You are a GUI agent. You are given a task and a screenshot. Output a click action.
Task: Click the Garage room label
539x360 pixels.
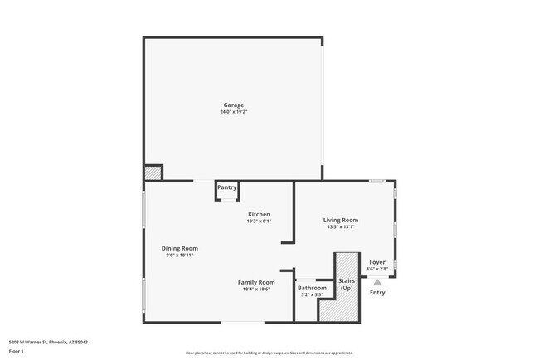(233, 105)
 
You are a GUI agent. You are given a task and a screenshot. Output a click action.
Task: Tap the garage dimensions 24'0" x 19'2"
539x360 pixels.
(233, 112)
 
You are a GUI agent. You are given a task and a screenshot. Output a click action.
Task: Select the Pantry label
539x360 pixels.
(227, 187)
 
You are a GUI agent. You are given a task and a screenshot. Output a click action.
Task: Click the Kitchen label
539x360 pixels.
(259, 214)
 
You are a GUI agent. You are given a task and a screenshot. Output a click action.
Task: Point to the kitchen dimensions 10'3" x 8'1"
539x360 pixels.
(259, 221)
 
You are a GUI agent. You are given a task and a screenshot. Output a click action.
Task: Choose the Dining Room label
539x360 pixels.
(179, 248)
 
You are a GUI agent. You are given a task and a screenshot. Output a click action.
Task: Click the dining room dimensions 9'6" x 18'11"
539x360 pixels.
(179, 255)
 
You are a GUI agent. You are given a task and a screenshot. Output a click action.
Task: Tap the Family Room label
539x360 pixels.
(256, 282)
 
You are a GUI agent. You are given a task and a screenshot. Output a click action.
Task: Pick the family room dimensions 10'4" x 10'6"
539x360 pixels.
(256, 289)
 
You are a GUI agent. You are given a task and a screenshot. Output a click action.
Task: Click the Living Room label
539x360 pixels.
(340, 220)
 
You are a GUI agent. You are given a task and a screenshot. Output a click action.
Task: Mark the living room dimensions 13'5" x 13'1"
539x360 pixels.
(340, 227)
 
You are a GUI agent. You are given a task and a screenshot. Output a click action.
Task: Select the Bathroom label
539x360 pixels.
(312, 288)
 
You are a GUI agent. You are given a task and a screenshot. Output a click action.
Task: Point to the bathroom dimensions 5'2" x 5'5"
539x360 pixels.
(312, 295)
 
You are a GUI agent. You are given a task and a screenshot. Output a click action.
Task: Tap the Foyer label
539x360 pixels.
(377, 262)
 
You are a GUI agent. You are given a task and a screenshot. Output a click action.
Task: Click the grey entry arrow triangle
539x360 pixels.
(377, 282)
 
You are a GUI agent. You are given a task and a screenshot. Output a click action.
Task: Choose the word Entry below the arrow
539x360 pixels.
(377, 292)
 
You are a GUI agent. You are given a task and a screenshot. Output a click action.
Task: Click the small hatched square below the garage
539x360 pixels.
(153, 173)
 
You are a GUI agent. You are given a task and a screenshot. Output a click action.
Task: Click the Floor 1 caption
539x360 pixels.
(17, 351)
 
